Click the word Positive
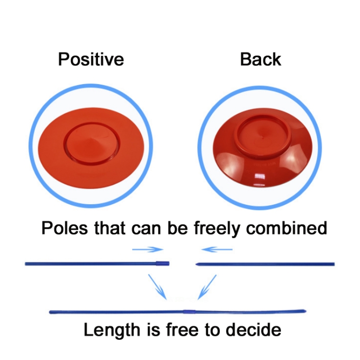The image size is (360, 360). point(91,59)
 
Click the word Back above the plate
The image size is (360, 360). point(261,59)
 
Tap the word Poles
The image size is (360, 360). point(64,228)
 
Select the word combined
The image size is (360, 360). point(287,228)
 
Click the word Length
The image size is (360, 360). point(112,330)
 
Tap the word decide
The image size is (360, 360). point(253,330)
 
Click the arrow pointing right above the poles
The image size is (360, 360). point(148,249)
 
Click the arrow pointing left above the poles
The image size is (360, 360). point(217,249)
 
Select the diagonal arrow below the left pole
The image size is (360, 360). point(157,286)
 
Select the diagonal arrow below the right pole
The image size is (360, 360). point(207,287)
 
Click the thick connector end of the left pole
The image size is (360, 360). point(163,263)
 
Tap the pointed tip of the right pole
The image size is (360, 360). point(196,264)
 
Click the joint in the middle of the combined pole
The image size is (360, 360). point(190,312)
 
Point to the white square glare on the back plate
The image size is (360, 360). point(260,176)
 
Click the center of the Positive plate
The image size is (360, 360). point(91,148)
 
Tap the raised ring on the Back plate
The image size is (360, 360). point(263,137)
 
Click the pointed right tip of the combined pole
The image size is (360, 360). point(306,311)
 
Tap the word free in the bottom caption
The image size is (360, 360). point(182,330)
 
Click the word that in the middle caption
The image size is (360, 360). point(110,228)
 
